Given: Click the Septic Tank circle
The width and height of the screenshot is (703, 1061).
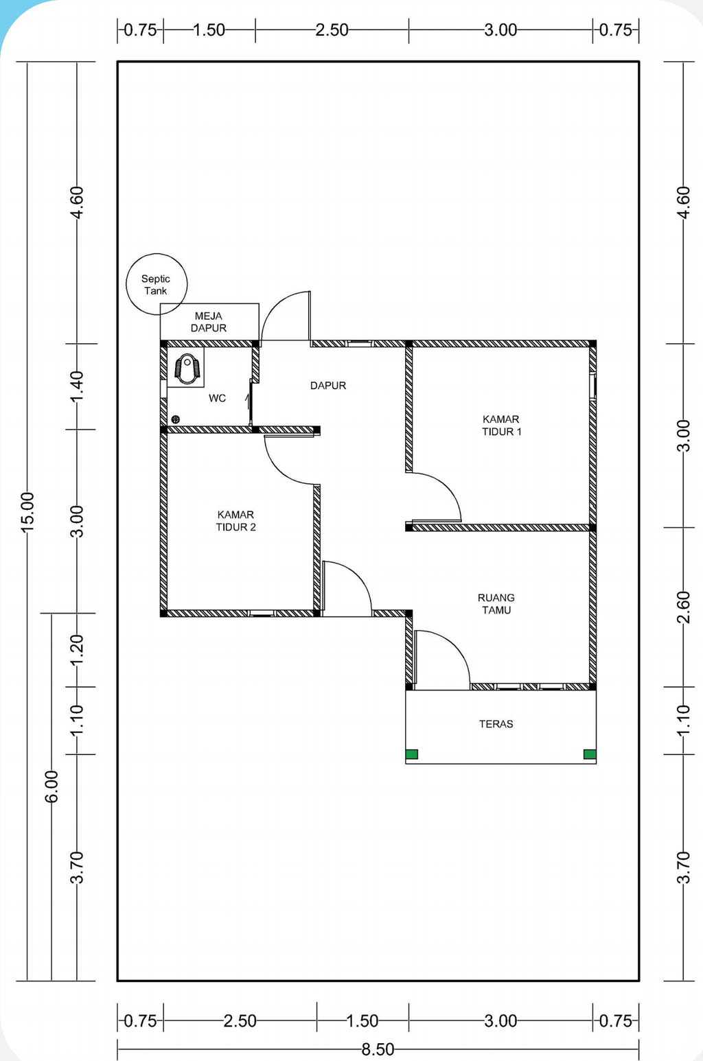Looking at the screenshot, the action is coord(157,254).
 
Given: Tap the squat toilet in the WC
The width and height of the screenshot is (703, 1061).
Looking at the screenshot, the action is coord(187,369).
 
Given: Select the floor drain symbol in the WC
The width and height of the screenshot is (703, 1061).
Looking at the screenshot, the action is coord(175,419).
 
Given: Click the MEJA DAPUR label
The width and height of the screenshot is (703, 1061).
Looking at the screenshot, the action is coord(209,322).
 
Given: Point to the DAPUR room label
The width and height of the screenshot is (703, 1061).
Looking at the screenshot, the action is coord(328,386).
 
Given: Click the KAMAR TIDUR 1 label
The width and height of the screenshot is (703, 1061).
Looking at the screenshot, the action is coord(501,425).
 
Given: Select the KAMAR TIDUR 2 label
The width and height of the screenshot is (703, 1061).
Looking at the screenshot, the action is coord(236,521).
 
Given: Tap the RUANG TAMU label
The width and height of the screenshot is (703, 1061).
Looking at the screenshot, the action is coord(496,604).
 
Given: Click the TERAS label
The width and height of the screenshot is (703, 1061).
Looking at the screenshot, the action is coord(496,724).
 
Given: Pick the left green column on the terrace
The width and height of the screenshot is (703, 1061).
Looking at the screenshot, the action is coord(412,754).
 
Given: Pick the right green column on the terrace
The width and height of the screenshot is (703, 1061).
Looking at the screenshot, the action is coord(590,754).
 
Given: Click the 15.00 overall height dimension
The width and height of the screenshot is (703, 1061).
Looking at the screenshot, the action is coord(27,513).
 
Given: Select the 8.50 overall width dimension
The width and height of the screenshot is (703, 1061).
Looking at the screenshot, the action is coord(378,1049).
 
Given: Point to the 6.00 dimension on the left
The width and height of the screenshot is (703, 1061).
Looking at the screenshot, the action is coord(51,786).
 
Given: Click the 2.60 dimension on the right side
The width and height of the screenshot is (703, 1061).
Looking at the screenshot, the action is coord(682,607).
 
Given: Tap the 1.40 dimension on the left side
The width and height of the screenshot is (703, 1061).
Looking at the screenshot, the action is coord(77,386).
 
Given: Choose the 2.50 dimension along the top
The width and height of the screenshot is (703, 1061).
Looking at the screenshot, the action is coord(332,30).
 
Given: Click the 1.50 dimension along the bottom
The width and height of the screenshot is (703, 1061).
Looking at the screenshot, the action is coord(362,1021).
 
